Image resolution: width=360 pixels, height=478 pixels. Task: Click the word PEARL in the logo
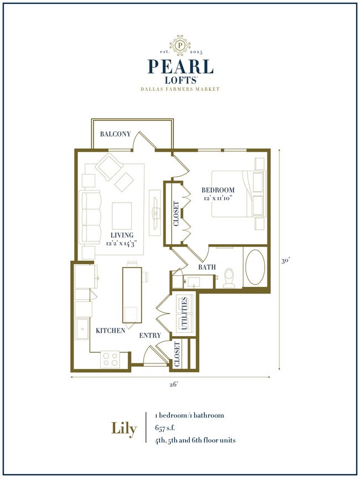(x=180, y=66)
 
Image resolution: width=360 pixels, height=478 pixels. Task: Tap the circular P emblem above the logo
(x=180, y=44)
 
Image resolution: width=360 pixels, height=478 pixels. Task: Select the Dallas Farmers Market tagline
(x=180, y=89)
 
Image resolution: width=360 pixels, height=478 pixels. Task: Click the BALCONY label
(x=115, y=134)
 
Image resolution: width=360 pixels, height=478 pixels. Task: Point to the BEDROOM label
(x=218, y=190)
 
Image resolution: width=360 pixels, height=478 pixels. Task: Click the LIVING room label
(x=122, y=235)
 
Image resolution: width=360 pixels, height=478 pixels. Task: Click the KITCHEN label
(x=110, y=331)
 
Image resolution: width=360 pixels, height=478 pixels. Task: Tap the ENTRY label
(x=150, y=335)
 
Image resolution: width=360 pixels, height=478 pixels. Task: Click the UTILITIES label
(x=184, y=314)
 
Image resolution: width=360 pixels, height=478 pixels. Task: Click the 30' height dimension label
(x=286, y=261)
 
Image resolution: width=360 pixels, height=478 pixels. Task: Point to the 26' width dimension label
(x=173, y=385)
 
